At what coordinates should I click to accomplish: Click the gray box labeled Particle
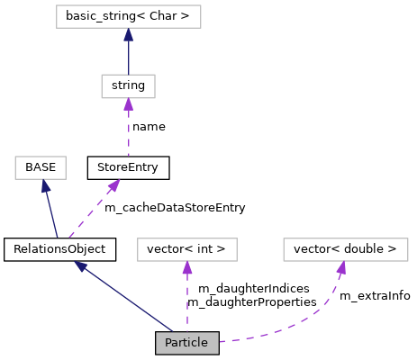point(186,343)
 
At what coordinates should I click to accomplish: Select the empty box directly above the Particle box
point(186,249)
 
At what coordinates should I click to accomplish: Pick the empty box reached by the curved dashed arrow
point(345,249)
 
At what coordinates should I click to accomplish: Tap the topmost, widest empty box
point(128,16)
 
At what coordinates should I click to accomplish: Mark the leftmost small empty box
point(41,167)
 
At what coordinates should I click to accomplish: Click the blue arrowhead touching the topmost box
point(128,34)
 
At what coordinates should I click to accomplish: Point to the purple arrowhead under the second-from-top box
point(128,104)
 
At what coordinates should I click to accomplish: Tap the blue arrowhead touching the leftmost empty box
point(44,185)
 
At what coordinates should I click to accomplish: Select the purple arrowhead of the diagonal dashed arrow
point(113,184)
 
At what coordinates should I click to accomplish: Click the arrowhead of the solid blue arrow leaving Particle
point(81,266)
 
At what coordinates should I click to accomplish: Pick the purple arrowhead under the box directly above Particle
point(186,267)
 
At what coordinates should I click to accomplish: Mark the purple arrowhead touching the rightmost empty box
point(341,267)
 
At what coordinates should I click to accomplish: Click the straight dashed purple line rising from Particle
point(186,301)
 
